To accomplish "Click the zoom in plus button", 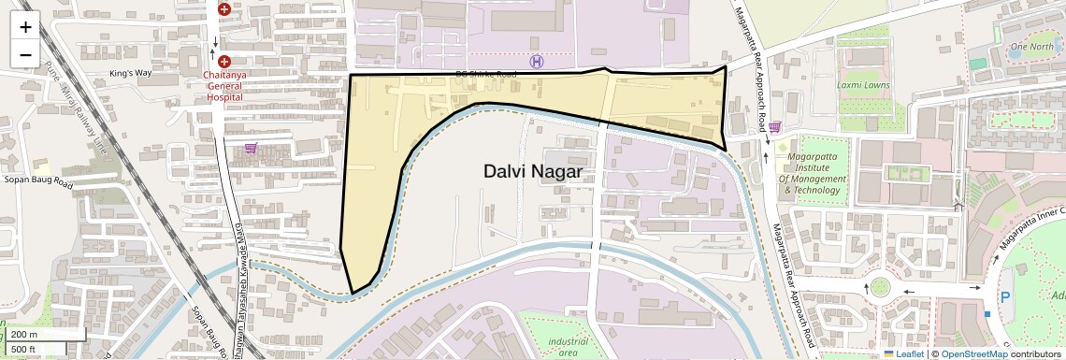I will click(x=25, y=27).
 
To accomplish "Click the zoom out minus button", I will click(x=25, y=54).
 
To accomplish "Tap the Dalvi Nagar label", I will click(x=532, y=172).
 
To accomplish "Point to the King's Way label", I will click(x=130, y=73).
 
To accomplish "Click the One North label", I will click(x=1031, y=46).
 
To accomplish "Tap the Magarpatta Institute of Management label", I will click(x=812, y=173).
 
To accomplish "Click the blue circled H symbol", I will click(x=536, y=62).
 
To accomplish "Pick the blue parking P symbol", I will click(x=1005, y=296).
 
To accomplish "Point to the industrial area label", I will click(x=569, y=347).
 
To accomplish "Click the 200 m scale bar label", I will click(x=25, y=335).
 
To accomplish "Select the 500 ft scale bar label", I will click(x=25, y=350).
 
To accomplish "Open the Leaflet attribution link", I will click(x=904, y=353).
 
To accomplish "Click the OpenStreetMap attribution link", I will click(x=973, y=353).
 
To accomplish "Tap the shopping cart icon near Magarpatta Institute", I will click(x=774, y=127).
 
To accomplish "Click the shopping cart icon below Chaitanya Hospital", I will click(x=250, y=148).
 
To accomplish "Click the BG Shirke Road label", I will click(x=485, y=74).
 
